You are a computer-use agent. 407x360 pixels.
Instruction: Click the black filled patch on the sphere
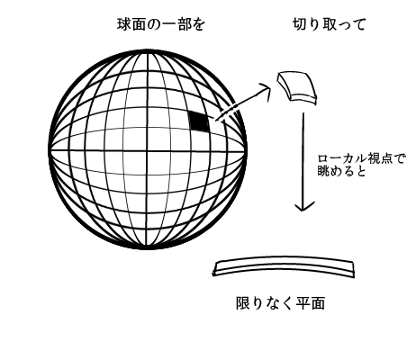tap(199, 121)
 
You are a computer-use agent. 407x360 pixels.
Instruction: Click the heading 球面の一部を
tap(160, 24)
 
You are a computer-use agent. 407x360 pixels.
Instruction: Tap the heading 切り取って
tap(329, 24)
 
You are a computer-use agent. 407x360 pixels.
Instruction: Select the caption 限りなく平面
tap(281, 303)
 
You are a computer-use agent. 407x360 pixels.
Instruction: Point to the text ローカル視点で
tap(361, 158)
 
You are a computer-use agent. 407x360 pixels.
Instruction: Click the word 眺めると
tap(341, 171)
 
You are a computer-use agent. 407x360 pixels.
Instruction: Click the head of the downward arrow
tap(304, 206)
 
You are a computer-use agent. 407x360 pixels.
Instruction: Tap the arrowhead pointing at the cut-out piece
tap(266, 91)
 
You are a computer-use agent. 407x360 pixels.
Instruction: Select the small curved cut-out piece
tap(297, 87)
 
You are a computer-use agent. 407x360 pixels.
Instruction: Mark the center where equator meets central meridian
tap(148, 150)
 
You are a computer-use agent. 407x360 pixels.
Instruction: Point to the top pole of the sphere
tap(148, 51)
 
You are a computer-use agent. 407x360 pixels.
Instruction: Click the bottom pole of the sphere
tap(148, 248)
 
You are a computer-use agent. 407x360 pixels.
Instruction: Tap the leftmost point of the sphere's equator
tap(50, 150)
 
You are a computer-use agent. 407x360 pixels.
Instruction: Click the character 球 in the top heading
tap(123, 24)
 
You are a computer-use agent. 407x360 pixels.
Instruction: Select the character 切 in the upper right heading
tap(299, 24)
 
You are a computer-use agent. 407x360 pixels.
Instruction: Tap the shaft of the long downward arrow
tap(303, 160)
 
